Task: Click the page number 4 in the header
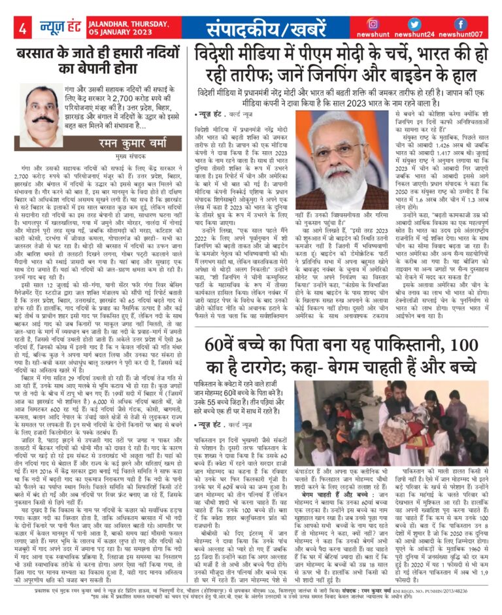tap(22, 28)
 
